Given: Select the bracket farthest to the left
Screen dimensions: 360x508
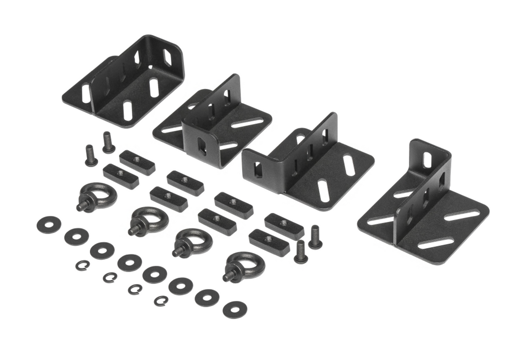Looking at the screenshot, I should pyautogui.click(x=124, y=84).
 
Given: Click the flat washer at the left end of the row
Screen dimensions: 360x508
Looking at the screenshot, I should pyautogui.click(x=49, y=224).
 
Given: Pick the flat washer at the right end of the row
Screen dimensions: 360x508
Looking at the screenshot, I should pyautogui.click(x=235, y=310).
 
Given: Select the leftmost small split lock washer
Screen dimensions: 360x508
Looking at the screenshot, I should pyautogui.click(x=82, y=265).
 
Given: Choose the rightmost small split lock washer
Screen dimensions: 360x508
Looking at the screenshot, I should pyautogui.click(x=161, y=300).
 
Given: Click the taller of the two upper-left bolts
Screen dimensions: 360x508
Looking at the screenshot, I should pyautogui.click(x=108, y=142).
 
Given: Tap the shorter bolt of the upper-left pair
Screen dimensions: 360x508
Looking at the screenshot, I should pyautogui.click(x=91, y=155).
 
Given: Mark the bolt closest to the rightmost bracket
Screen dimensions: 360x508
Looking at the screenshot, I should pyautogui.click(x=315, y=237).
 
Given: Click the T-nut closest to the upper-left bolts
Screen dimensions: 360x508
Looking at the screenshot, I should pyautogui.click(x=137, y=162).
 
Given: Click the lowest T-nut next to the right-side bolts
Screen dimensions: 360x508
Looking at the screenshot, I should pyautogui.click(x=269, y=242).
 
